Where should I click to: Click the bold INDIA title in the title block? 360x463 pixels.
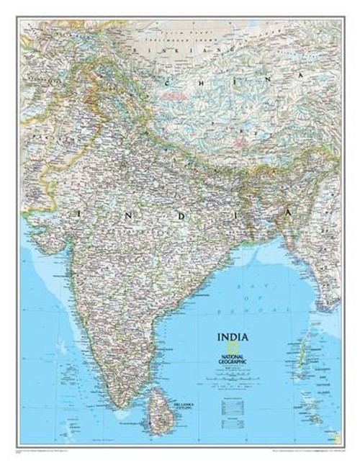coord(232,335)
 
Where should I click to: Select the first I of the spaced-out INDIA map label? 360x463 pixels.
coord(75,215)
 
